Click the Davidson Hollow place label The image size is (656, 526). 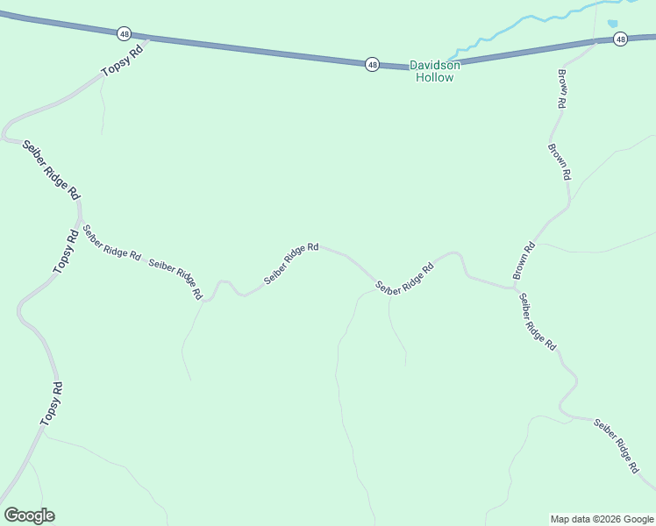coord(432,71)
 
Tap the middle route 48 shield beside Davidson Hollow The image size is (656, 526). coord(373,64)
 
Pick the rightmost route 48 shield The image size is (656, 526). coord(620,39)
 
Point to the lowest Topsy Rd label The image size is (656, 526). coord(52,404)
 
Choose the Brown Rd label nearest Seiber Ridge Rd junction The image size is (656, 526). coord(524,260)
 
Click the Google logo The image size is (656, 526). coord(29,515)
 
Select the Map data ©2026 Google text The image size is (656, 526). coord(601,519)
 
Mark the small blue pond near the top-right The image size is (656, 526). coord(612,24)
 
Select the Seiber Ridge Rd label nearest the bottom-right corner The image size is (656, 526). coord(616,446)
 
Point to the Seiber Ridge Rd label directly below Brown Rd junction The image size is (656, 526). coord(537,322)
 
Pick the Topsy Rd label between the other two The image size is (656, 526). coord(65,252)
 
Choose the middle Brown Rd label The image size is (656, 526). coord(559,161)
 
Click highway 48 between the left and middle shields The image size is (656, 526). coord(246,49)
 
